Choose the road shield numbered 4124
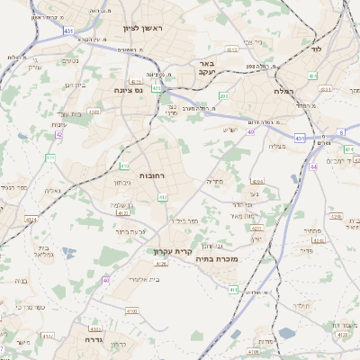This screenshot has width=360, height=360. point(31,219)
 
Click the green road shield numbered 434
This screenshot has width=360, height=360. point(312,76)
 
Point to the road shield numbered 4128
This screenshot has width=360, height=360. point(161,264)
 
